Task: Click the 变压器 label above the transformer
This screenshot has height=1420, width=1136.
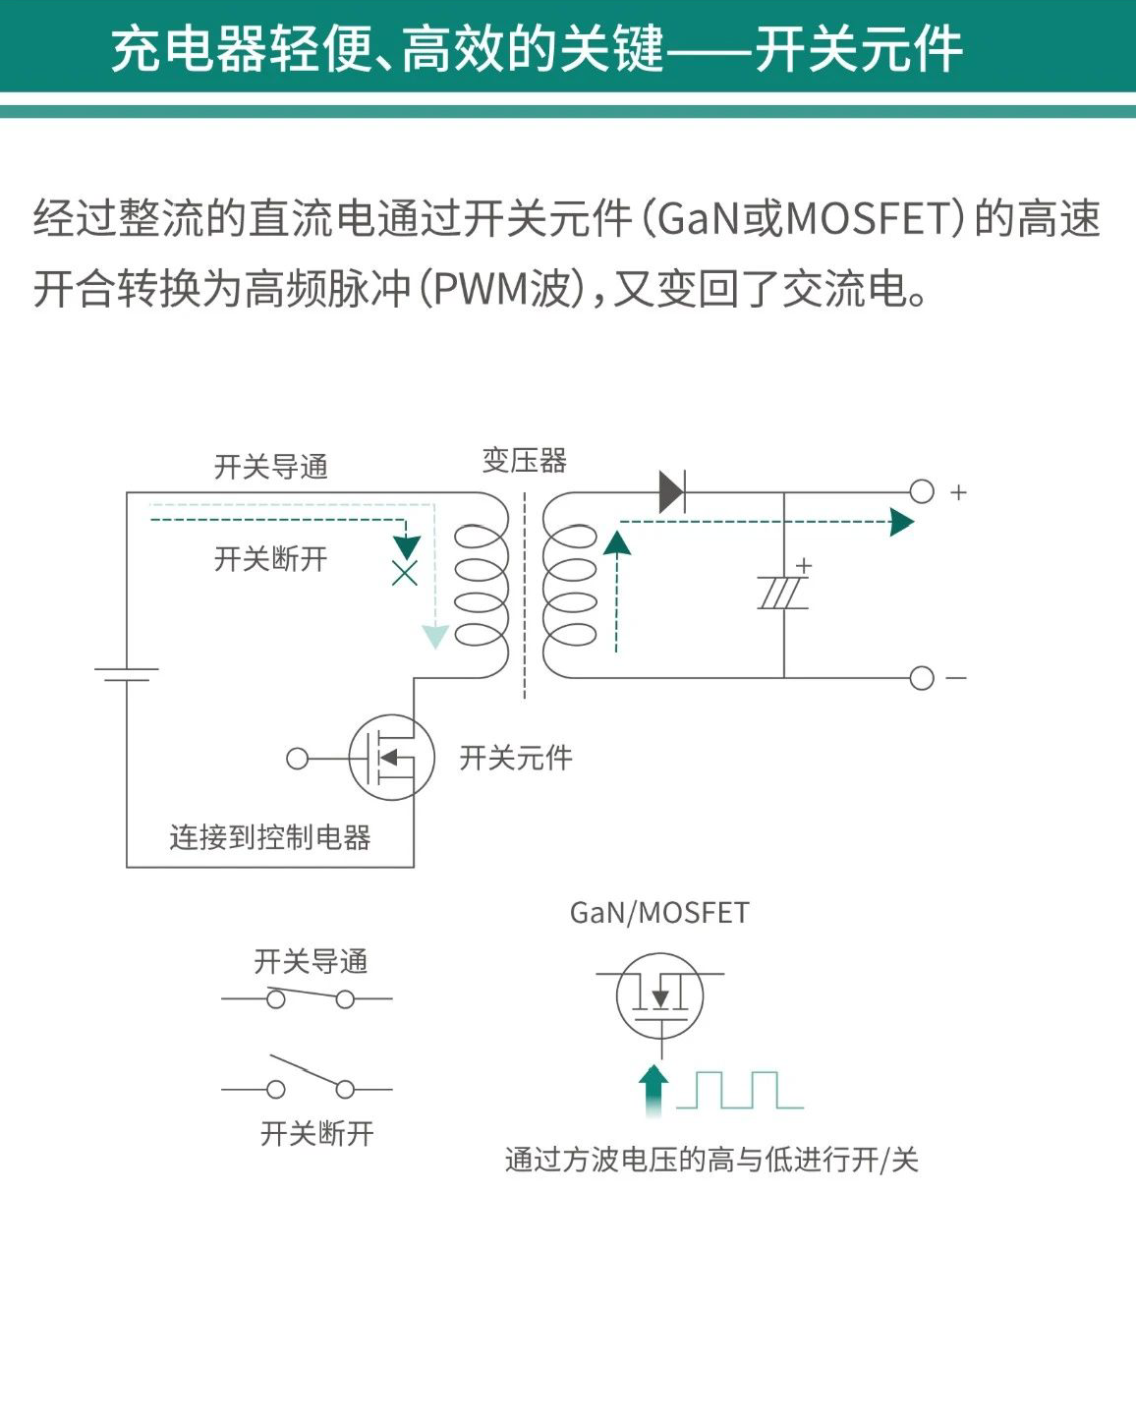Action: click(524, 460)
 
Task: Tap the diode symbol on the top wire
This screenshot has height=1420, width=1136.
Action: click(672, 491)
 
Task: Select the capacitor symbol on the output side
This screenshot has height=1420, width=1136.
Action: click(783, 593)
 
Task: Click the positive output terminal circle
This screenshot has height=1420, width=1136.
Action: click(921, 491)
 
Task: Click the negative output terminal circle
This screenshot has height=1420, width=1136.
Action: click(921, 678)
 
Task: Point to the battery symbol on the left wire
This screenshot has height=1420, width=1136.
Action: click(127, 674)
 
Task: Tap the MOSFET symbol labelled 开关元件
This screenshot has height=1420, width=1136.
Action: click(392, 758)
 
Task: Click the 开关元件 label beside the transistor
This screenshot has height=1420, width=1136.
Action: click(516, 758)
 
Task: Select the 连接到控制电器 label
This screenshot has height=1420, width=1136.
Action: click(270, 837)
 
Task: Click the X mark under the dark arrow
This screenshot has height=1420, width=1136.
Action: click(405, 574)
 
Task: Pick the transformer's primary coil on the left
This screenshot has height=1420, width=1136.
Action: click(482, 585)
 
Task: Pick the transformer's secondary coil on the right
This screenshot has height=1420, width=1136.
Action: click(570, 585)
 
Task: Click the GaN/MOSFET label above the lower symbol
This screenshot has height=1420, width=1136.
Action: click(659, 913)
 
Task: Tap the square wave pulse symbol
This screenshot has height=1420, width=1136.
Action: click(740, 1090)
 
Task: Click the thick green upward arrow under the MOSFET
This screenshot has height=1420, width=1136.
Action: click(653, 1089)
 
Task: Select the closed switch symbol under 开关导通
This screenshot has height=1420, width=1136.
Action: click(310, 998)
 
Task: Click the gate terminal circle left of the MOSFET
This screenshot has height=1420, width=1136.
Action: click(297, 759)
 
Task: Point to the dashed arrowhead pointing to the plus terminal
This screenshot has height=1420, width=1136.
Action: click(901, 522)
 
